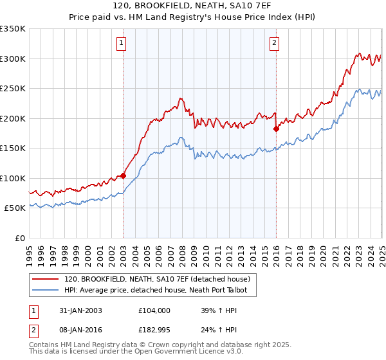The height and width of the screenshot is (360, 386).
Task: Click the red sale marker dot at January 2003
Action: (x=123, y=175)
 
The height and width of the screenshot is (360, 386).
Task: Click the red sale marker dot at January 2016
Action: (x=276, y=129)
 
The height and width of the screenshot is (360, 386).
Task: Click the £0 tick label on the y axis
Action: (x=20, y=238)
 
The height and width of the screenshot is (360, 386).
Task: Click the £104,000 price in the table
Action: (x=155, y=310)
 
